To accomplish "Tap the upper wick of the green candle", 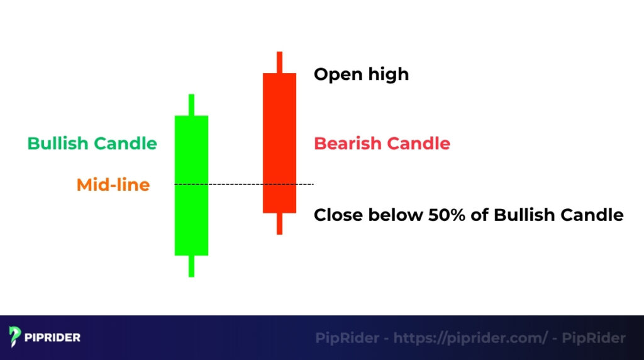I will [x=191, y=104].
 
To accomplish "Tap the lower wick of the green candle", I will [x=191, y=266].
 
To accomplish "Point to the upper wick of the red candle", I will [x=279, y=62].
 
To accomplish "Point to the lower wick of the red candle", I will [x=279, y=223].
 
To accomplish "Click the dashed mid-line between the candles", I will [x=235, y=184].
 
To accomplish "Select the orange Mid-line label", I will [x=113, y=185].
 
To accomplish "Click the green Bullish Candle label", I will [x=92, y=143].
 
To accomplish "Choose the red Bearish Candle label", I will [x=382, y=143].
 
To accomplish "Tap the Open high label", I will [x=361, y=74].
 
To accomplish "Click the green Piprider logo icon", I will [x=15, y=337].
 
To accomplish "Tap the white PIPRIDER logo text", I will [x=53, y=337].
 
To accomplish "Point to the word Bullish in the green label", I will [x=58, y=143].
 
